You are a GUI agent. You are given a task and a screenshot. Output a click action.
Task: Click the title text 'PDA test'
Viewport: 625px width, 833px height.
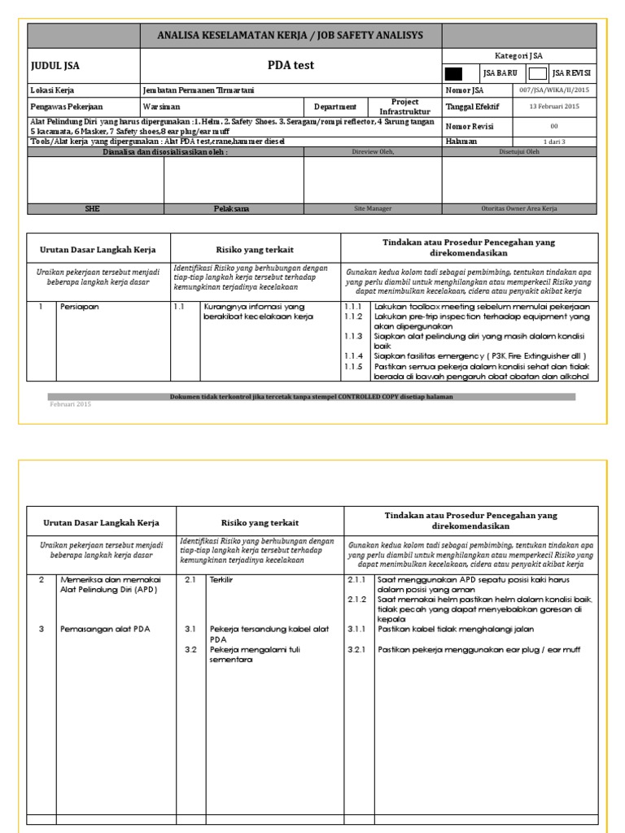[x=291, y=65]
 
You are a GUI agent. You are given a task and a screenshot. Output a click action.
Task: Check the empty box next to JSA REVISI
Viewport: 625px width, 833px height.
[x=537, y=73]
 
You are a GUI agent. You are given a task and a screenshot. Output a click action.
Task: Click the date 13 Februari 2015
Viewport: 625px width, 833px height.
[x=554, y=107]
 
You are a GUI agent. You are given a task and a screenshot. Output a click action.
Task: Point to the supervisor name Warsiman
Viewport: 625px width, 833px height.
[x=162, y=107]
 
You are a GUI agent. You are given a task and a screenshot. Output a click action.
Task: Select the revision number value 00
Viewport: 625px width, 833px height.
[x=554, y=127]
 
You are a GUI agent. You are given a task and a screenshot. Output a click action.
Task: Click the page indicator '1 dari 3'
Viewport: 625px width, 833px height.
[x=554, y=142]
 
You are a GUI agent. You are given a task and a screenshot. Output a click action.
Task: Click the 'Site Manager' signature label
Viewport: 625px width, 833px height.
[x=373, y=209]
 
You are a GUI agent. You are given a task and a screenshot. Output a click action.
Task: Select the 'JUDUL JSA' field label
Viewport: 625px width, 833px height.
[x=55, y=67]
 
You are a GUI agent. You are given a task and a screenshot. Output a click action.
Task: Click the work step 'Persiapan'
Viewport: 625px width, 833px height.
[x=77, y=307]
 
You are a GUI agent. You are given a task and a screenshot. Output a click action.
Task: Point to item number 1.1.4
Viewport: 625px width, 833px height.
[x=352, y=355]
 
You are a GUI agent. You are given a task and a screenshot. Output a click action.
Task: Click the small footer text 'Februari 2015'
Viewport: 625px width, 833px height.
[x=70, y=404]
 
